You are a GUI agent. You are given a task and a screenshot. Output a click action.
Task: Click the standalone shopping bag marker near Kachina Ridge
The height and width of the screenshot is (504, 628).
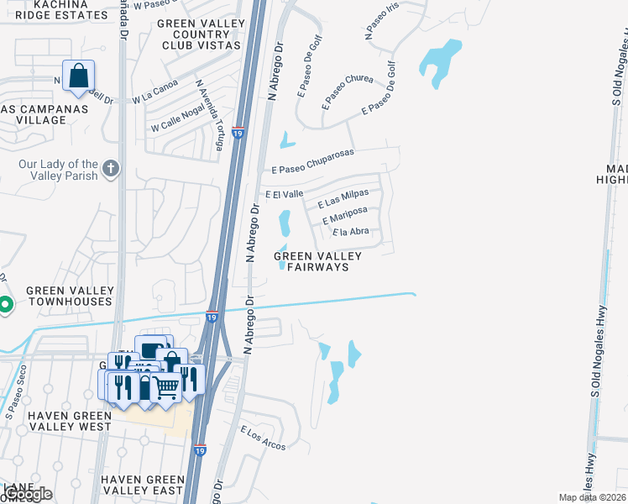(78, 76)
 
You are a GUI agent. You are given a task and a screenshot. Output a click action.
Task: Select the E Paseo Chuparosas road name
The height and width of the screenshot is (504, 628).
(312, 160)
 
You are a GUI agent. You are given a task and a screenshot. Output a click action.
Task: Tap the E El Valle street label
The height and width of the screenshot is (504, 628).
(284, 194)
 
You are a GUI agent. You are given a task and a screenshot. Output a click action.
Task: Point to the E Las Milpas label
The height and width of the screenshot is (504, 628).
(343, 200)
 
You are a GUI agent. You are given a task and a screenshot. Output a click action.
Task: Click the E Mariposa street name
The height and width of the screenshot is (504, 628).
(345, 216)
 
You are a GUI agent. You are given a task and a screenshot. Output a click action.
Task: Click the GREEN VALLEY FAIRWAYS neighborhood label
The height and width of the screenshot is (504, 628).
(318, 261)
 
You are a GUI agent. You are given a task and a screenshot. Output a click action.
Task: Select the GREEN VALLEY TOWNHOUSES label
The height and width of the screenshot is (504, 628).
(69, 296)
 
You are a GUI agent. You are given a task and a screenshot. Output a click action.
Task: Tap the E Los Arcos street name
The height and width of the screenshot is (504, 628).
(263, 438)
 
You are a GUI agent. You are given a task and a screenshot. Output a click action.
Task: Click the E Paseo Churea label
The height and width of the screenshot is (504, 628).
(348, 92)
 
